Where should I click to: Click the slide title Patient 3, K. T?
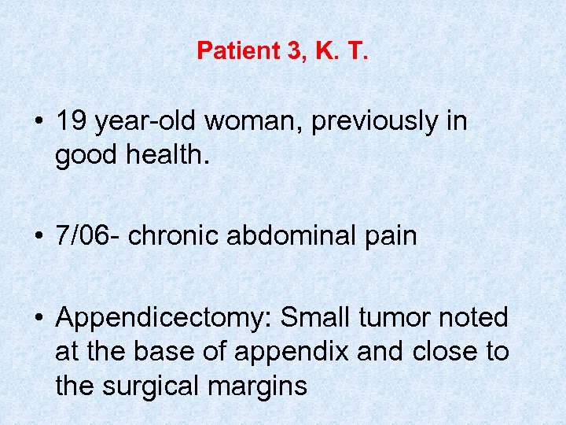pyautogui.click(x=282, y=51)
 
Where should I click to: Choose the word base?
pyautogui.click(x=167, y=352)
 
